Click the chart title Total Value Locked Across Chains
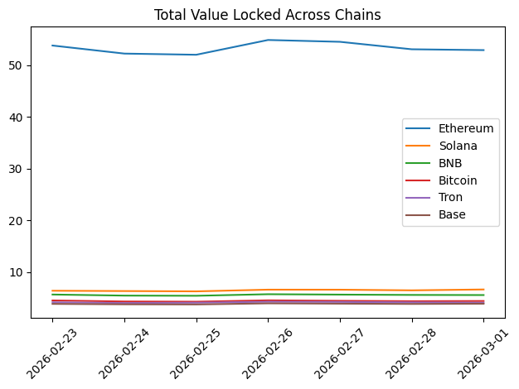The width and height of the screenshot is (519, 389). (x=268, y=14)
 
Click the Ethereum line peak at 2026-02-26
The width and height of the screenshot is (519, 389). (x=268, y=40)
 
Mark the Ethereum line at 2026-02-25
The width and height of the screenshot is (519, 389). (x=196, y=55)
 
